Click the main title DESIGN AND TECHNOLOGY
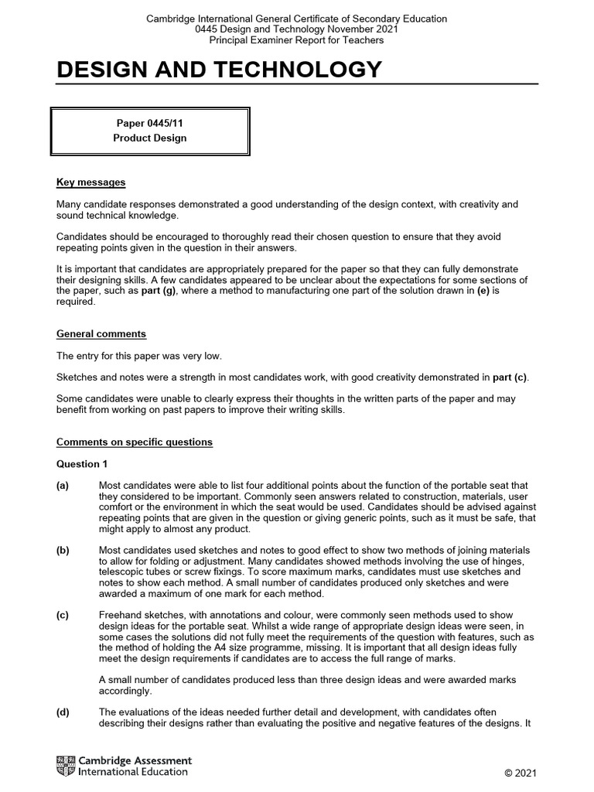(219, 70)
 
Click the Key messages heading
(90, 183)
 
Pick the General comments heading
(101, 334)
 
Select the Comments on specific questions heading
(135, 442)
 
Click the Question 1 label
(83, 464)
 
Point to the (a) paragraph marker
(63, 486)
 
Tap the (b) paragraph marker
(63, 551)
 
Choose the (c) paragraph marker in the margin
(63, 616)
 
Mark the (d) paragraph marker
(63, 712)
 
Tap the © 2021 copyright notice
(520, 773)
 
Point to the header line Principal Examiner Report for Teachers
(296, 40)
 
